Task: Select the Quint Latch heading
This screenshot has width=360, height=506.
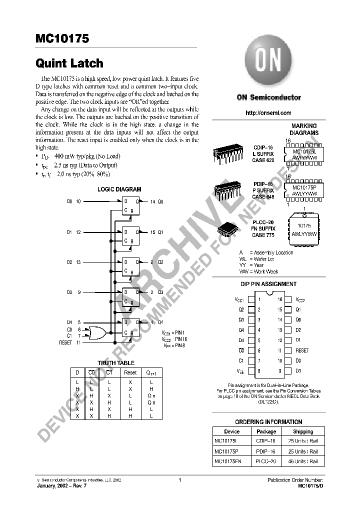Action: click(69, 63)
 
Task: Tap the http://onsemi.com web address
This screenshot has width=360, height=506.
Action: click(268, 113)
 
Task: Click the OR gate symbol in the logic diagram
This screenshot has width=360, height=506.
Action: click(96, 332)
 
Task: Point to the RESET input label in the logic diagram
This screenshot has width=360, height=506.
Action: click(66, 342)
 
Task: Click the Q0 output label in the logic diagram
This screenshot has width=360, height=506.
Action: click(160, 201)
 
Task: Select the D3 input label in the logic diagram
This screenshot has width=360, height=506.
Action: click(69, 292)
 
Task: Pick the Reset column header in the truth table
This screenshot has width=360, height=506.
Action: click(130, 372)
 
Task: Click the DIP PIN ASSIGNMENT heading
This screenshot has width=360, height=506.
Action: click(268, 284)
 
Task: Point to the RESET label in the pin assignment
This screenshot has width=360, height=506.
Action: click(302, 350)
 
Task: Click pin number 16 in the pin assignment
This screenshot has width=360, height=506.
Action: click(280, 299)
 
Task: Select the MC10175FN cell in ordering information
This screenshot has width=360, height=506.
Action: click(227, 461)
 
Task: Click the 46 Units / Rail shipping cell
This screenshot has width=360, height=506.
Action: click(303, 461)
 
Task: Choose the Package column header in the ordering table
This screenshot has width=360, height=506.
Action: click(266, 431)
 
